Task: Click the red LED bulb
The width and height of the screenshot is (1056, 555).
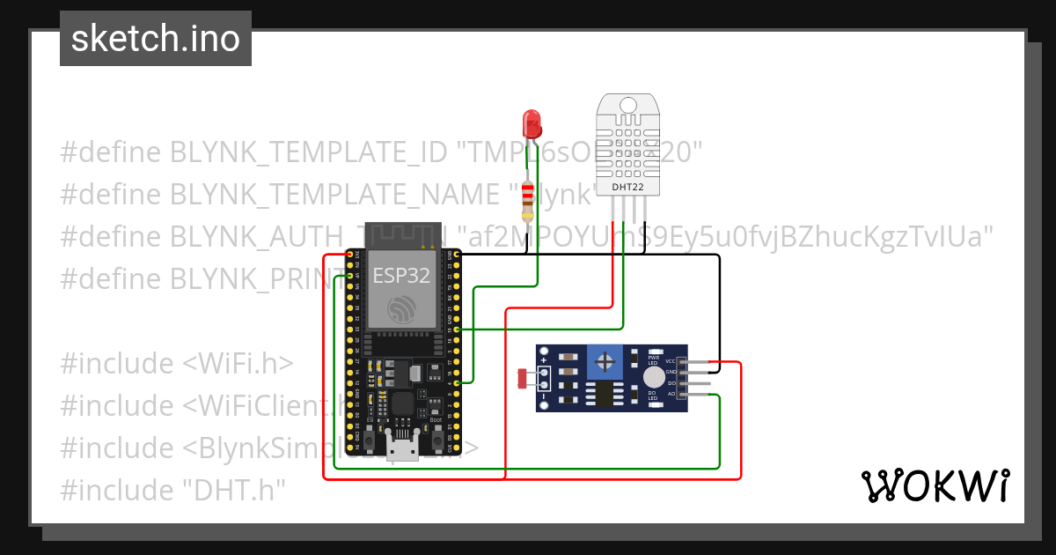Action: click(532, 122)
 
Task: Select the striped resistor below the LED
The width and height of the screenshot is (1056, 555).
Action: click(527, 201)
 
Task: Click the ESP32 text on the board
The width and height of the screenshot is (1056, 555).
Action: click(401, 276)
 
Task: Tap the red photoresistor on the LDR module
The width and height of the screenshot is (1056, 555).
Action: click(522, 379)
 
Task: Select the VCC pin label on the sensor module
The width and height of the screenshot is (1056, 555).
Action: click(671, 361)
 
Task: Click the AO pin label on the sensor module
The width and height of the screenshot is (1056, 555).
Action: click(671, 395)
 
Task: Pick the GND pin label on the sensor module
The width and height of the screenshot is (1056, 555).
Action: click(671, 373)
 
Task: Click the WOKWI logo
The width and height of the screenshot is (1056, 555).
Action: click(935, 485)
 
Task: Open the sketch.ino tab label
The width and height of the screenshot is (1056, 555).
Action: click(156, 39)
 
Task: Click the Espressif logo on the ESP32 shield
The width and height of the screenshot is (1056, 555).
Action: click(402, 308)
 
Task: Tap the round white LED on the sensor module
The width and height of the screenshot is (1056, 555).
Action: click(653, 377)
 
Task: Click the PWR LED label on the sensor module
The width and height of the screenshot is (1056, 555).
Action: click(653, 359)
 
